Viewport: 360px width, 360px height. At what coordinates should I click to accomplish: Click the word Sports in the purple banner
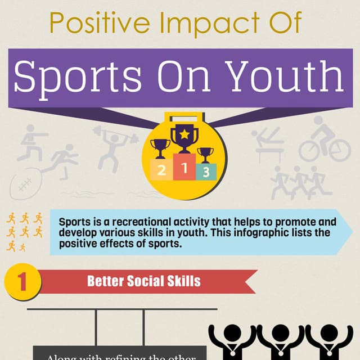pos(79,77)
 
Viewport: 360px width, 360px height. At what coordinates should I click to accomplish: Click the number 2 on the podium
pos(161,172)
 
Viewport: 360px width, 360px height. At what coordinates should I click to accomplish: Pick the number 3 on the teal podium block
pos(206,173)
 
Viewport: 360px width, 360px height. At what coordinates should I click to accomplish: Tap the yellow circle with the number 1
pos(22,281)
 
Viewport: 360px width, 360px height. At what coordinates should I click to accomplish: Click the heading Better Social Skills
pos(143,281)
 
